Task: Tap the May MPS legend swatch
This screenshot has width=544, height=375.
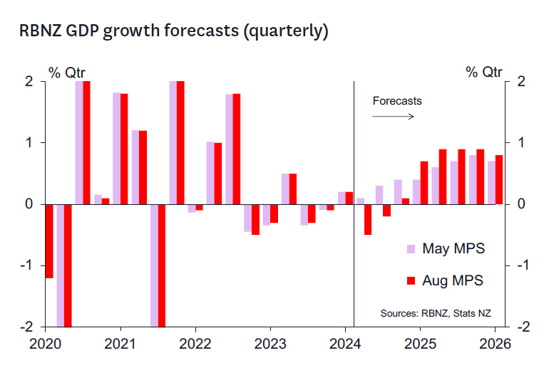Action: tap(411, 249)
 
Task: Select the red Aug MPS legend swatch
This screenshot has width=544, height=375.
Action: tap(411, 281)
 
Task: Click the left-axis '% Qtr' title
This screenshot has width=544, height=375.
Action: tap(66, 72)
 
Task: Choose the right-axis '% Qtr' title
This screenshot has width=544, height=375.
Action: tap(484, 72)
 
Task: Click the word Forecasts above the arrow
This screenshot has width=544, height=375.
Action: tap(397, 100)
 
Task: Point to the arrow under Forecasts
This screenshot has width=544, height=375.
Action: tap(393, 115)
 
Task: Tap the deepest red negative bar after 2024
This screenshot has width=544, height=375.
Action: tap(368, 219)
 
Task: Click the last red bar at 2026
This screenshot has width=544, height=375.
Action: tap(499, 179)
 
